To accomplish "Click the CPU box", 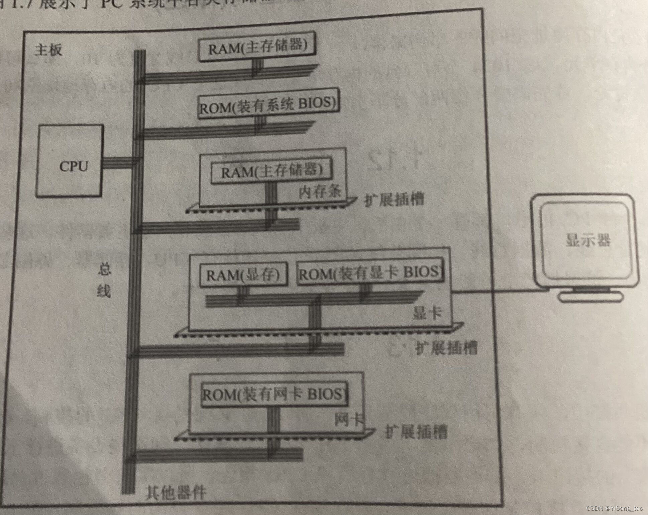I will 70,161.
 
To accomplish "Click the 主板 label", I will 49,50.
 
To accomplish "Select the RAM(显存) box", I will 243,275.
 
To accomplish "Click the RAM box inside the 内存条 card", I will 272,172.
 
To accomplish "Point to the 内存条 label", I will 320,192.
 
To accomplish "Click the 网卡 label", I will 349,419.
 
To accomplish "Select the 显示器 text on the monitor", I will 588,240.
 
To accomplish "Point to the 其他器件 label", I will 176,492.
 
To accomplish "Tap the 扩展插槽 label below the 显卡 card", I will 446,348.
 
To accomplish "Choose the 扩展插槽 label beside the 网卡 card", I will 416,432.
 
